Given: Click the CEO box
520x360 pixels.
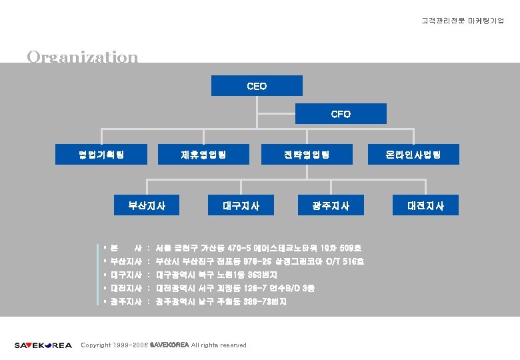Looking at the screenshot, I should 257,86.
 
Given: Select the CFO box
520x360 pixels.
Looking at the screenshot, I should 341,114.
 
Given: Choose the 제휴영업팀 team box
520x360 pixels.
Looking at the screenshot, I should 203,155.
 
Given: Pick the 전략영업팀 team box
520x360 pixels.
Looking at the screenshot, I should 306,155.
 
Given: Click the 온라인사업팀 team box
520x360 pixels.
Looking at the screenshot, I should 413,155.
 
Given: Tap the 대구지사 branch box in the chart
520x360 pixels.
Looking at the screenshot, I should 241,205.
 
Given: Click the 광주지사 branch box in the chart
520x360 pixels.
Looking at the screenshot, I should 331,205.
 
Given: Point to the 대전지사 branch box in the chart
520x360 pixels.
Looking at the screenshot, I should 426,205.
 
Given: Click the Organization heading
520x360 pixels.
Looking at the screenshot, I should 83,56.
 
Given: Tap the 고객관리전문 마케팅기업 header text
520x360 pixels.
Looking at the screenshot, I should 463,21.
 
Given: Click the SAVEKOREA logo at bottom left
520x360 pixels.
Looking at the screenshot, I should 43,345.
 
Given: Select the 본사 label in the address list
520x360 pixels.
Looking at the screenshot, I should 125,248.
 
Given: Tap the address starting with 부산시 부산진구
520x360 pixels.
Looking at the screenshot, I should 259,261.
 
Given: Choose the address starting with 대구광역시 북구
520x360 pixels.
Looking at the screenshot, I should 216,275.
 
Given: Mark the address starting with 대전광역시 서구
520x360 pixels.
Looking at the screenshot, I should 235,288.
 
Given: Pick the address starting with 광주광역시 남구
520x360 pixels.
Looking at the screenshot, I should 221,302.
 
